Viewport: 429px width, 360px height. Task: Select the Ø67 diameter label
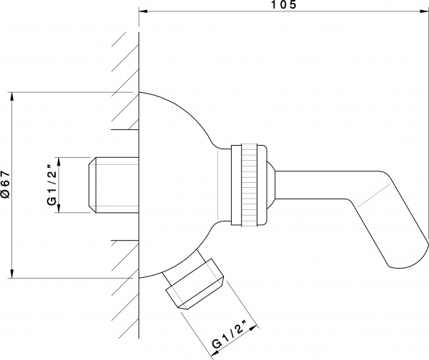coord(5,185)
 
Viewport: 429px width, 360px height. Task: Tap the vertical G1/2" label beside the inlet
coord(51,184)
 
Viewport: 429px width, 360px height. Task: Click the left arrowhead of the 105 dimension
coord(143,11)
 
